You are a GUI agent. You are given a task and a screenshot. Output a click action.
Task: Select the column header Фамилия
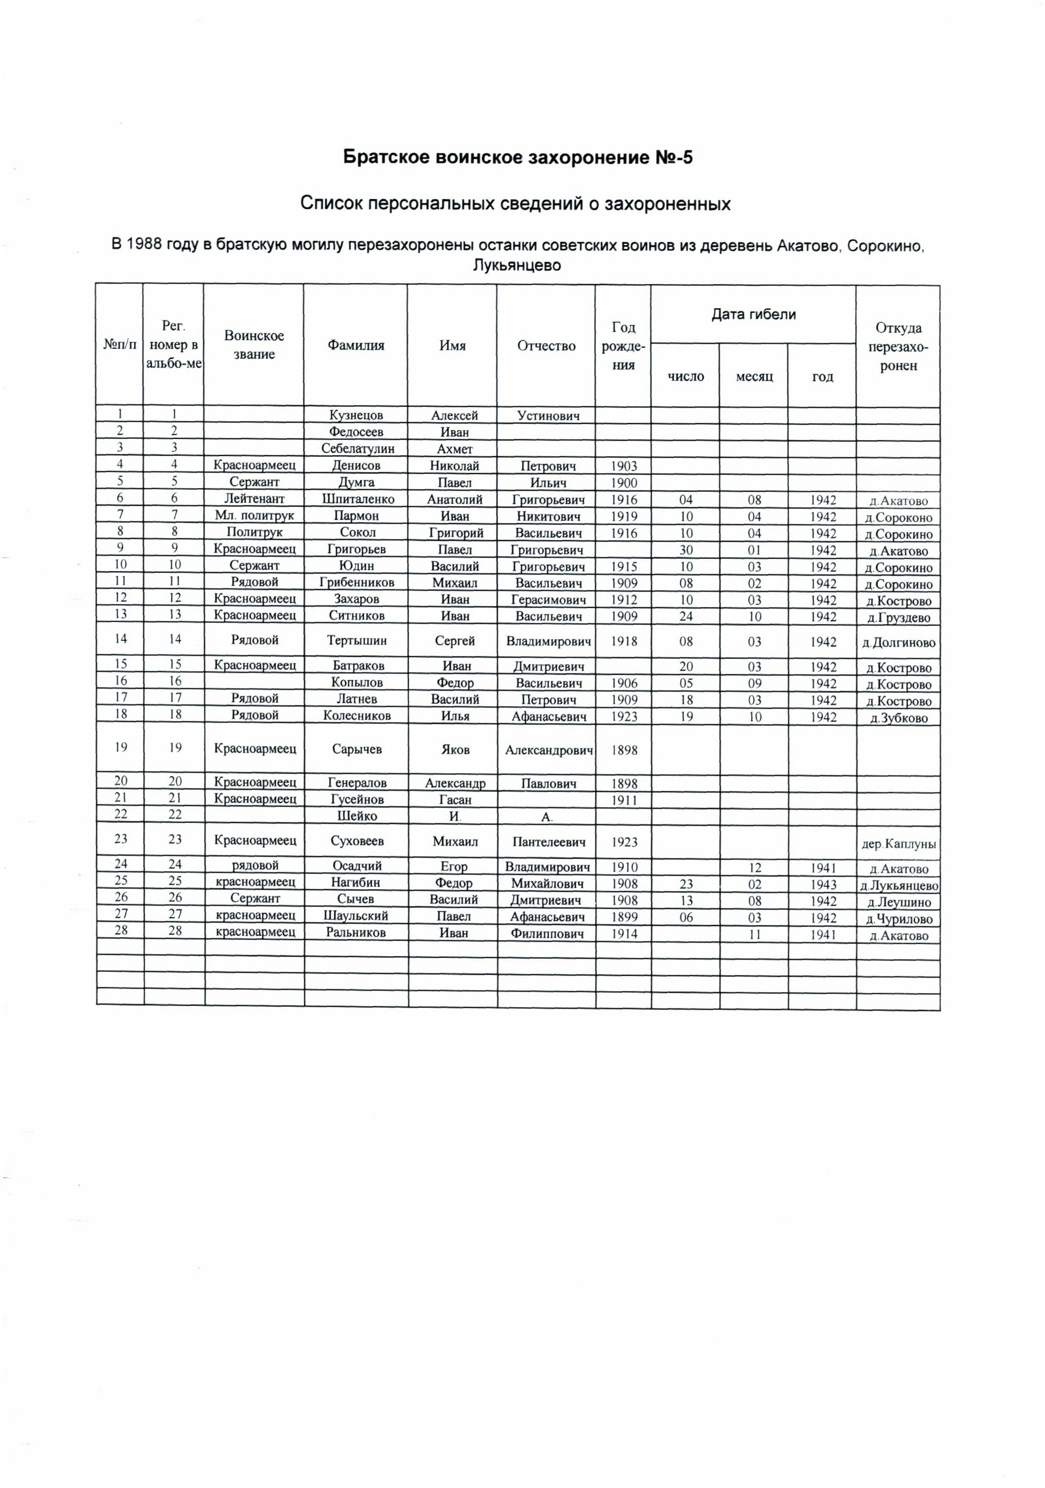[356, 346]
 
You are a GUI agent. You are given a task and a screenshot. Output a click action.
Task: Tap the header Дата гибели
[753, 314]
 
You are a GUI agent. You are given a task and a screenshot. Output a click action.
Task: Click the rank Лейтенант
[254, 499]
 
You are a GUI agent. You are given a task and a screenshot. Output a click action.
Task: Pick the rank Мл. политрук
[254, 516]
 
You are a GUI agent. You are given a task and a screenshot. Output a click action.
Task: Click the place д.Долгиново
[898, 643]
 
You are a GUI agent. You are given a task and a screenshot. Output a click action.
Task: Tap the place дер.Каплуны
[898, 844]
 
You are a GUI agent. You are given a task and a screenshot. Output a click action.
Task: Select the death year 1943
[823, 885]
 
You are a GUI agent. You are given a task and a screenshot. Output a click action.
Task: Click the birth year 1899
[624, 918]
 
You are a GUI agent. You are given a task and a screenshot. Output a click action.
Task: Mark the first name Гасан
[455, 800]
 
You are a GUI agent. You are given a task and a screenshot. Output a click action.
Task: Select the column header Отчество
[546, 346]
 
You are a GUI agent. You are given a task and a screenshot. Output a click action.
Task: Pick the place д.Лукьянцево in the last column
[898, 886]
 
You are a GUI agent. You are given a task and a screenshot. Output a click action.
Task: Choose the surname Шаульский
[356, 916]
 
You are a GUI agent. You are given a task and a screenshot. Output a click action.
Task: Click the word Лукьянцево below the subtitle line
[516, 265]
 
